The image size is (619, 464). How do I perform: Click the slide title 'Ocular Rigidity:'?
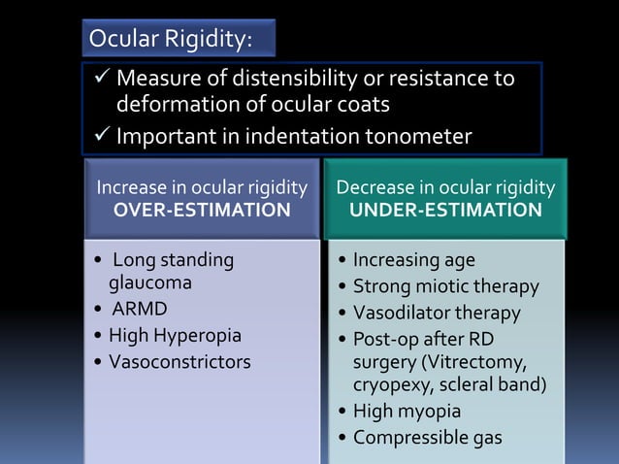(170, 39)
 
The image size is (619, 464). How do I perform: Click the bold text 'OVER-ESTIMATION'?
(202, 210)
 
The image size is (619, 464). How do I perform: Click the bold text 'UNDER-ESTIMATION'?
(445, 210)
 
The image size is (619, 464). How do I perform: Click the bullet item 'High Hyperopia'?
(175, 336)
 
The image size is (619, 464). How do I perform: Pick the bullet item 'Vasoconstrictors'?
(179, 362)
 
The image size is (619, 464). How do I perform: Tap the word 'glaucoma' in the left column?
(149, 283)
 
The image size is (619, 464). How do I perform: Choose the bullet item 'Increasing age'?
(413, 261)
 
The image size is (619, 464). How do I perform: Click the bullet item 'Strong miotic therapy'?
(445, 286)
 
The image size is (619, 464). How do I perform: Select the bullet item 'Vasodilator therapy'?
(437, 313)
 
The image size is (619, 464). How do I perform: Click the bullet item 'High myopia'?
(407, 412)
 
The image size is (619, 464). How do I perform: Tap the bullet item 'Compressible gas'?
(427, 437)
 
